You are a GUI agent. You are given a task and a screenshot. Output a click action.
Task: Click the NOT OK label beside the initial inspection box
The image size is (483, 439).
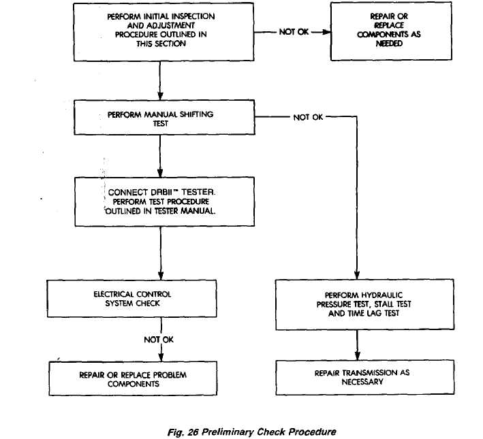click(x=294, y=32)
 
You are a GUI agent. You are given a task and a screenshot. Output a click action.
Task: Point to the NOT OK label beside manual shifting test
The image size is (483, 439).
click(x=308, y=117)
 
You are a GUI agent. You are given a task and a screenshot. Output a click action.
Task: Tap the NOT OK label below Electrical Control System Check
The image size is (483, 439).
click(x=159, y=340)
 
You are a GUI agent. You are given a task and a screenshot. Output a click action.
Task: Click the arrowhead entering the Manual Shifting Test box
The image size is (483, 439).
click(x=160, y=95)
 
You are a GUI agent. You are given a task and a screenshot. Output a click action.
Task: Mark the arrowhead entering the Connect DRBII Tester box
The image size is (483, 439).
click(x=160, y=173)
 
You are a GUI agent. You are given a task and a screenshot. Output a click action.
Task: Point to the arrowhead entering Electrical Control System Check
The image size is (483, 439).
click(x=161, y=275)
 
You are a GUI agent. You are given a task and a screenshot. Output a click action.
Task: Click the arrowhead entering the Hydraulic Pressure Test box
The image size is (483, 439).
click(x=357, y=275)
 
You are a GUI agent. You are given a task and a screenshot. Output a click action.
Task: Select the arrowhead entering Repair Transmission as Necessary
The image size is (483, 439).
click(x=358, y=356)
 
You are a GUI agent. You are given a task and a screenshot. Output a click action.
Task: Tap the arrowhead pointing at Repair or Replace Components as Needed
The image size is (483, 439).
click(x=326, y=32)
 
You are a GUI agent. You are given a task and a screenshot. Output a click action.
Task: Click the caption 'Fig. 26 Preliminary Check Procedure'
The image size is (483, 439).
click(x=251, y=432)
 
